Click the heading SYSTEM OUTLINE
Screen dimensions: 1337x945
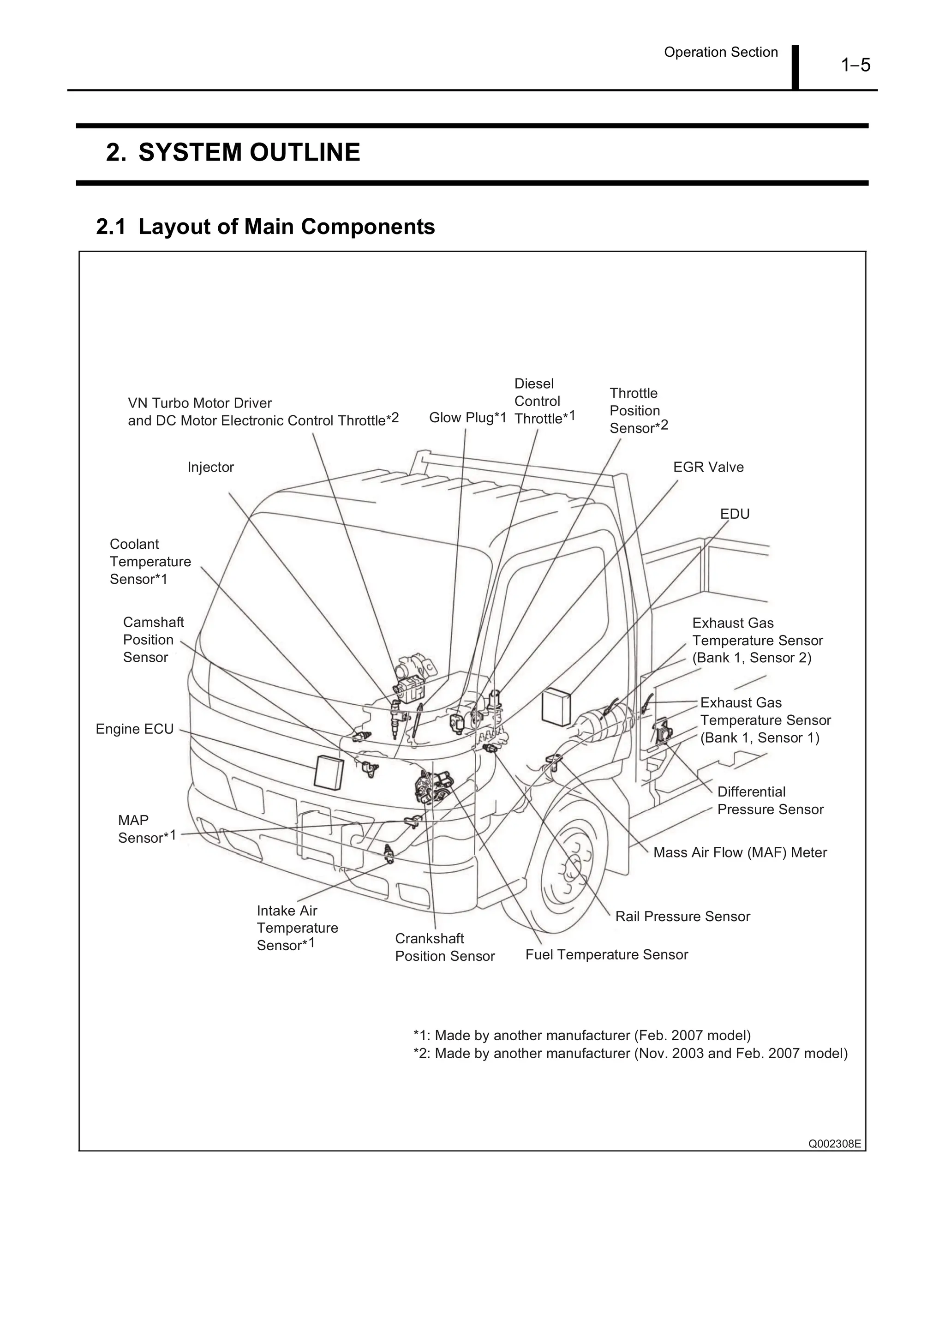pyautogui.click(x=233, y=153)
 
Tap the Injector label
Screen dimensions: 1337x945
pyautogui.click(x=210, y=467)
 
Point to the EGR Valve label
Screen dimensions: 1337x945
pyautogui.click(x=708, y=467)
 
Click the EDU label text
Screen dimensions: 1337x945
pyautogui.click(x=734, y=514)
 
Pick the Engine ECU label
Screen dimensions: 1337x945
pyautogui.click(x=134, y=729)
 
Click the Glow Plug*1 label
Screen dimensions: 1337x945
pyautogui.click(x=467, y=418)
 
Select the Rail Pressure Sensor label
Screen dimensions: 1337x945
pyautogui.click(x=682, y=917)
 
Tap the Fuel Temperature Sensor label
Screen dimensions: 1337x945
pyautogui.click(x=606, y=954)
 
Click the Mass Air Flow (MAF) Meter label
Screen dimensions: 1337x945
pyautogui.click(x=740, y=852)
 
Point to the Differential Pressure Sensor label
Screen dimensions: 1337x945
pyautogui.click(x=770, y=801)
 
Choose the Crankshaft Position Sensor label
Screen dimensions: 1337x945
pyautogui.click(x=444, y=947)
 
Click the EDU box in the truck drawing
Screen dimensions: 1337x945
pyautogui.click(x=556, y=707)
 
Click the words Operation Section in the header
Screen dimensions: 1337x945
pyautogui.click(x=720, y=53)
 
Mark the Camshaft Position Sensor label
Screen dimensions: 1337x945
pyautogui.click(x=153, y=640)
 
